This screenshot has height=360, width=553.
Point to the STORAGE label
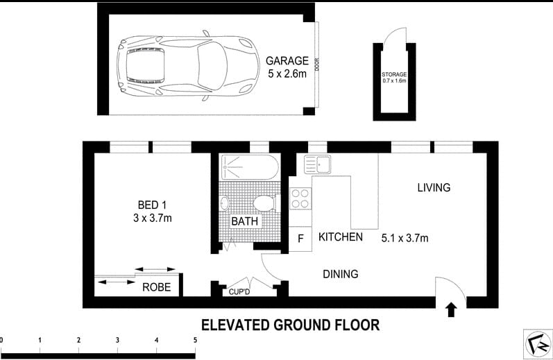(393, 74)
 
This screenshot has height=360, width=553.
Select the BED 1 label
(152, 205)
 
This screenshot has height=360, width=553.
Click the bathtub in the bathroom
(249, 169)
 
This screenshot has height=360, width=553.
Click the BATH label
(244, 221)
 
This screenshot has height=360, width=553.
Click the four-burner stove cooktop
(300, 199)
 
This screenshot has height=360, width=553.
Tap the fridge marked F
(300, 239)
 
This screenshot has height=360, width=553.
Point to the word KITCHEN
(340, 237)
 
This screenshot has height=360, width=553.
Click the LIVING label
(434, 187)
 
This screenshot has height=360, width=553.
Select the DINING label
(340, 274)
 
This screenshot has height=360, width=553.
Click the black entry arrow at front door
(452, 309)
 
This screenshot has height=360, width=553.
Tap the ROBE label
(157, 286)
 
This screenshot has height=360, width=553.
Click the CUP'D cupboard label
(239, 292)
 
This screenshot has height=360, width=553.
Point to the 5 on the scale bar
(195, 340)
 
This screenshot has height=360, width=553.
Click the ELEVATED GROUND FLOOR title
(290, 324)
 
